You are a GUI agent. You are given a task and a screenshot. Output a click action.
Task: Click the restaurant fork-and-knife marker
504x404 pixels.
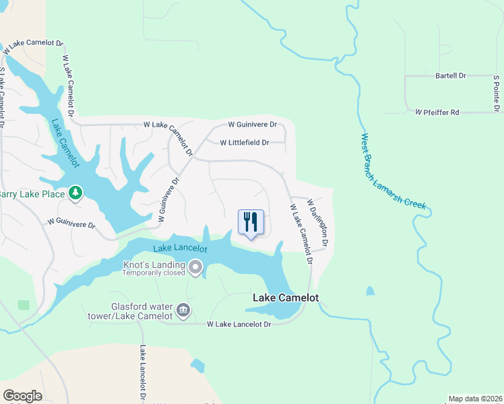pos(251,222)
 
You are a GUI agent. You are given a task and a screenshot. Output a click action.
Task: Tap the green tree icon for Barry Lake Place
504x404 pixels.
pos(75,194)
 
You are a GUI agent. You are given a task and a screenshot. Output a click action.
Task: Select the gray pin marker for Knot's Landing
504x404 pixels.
pos(195,269)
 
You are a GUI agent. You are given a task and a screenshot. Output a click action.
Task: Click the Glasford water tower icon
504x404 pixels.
pos(183,310)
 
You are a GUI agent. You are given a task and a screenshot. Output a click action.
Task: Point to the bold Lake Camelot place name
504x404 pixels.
pos(285,297)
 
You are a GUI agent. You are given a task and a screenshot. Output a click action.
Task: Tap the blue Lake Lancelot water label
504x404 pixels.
pos(179,248)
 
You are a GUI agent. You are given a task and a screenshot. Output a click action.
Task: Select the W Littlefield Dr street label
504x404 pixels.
pos(244,143)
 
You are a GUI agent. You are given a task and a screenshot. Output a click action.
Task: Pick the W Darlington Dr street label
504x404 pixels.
pos(317,222)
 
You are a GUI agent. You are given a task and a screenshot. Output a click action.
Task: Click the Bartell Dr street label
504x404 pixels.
pos(451,76)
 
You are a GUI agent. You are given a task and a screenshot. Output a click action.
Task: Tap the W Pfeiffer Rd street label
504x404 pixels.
pos(437,112)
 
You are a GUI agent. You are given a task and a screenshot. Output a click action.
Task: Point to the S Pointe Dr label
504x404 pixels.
pos(496,93)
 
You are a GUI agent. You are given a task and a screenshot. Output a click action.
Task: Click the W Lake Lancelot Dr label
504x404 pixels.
pos(239,325)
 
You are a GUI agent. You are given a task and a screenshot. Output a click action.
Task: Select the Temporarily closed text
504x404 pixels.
pos(154,274)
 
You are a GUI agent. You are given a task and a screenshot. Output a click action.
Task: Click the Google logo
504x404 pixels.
pos(22,395)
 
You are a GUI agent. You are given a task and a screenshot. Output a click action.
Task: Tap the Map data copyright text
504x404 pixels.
pos(475,399)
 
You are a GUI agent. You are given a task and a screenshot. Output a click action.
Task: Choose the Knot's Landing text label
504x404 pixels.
pos(154,265)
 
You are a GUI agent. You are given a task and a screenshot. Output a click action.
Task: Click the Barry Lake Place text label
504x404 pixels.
pos(31,195)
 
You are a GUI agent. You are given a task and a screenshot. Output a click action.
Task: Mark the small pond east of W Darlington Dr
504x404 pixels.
pos(370,292)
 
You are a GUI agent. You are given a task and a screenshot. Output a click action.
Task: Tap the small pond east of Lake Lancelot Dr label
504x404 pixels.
pos(197,366)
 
